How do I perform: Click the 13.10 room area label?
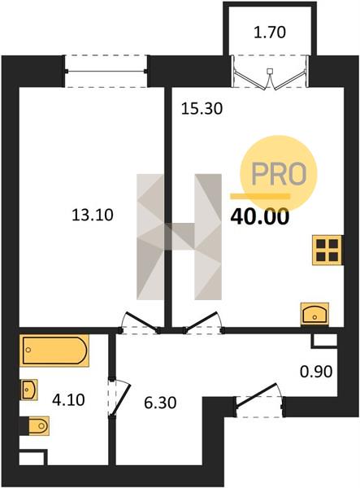click(x=93, y=215)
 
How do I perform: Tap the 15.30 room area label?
click(x=202, y=109)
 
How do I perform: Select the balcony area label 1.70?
click(x=270, y=33)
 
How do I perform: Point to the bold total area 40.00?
click(x=259, y=217)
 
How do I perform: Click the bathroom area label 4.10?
click(x=68, y=400)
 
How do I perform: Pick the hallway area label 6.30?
click(x=160, y=403)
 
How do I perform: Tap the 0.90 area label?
click(x=316, y=372)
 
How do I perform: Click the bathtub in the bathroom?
click(x=54, y=350)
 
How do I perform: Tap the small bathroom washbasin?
click(x=29, y=390)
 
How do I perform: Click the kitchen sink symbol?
click(x=314, y=314)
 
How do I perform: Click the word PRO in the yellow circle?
click(x=280, y=173)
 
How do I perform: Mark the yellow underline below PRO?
click(x=260, y=196)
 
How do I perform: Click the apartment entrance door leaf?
click(x=257, y=394)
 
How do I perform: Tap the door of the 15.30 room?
click(x=200, y=321)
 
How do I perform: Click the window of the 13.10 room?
click(x=106, y=72)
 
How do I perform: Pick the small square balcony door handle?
click(x=270, y=71)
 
